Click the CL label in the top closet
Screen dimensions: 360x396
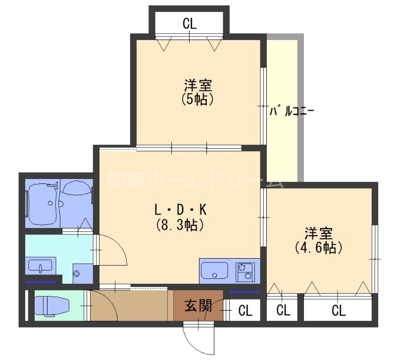point(190,23)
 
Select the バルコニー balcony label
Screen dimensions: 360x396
point(292,111)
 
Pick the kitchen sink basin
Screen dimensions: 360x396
point(215,271)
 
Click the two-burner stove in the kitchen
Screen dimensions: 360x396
point(245,271)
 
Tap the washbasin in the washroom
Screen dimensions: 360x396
point(40,267)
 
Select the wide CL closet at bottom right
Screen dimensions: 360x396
point(338,311)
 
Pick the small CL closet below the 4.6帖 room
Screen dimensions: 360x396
point(283,311)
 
